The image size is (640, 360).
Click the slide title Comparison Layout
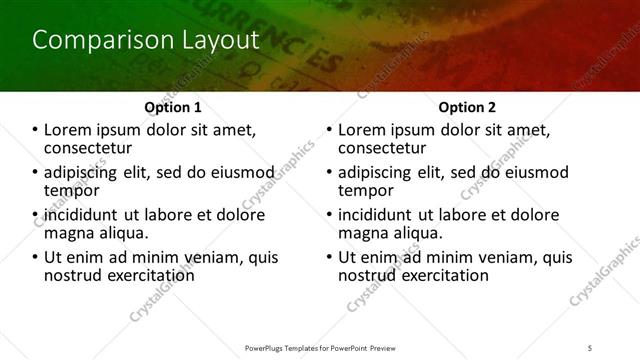145,41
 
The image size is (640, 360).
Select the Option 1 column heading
173,107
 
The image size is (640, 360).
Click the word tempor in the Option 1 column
72,190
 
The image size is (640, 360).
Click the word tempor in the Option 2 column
366,190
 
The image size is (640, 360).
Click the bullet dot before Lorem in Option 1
36,130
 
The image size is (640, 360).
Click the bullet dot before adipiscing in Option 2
330,173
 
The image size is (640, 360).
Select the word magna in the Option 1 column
69,233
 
